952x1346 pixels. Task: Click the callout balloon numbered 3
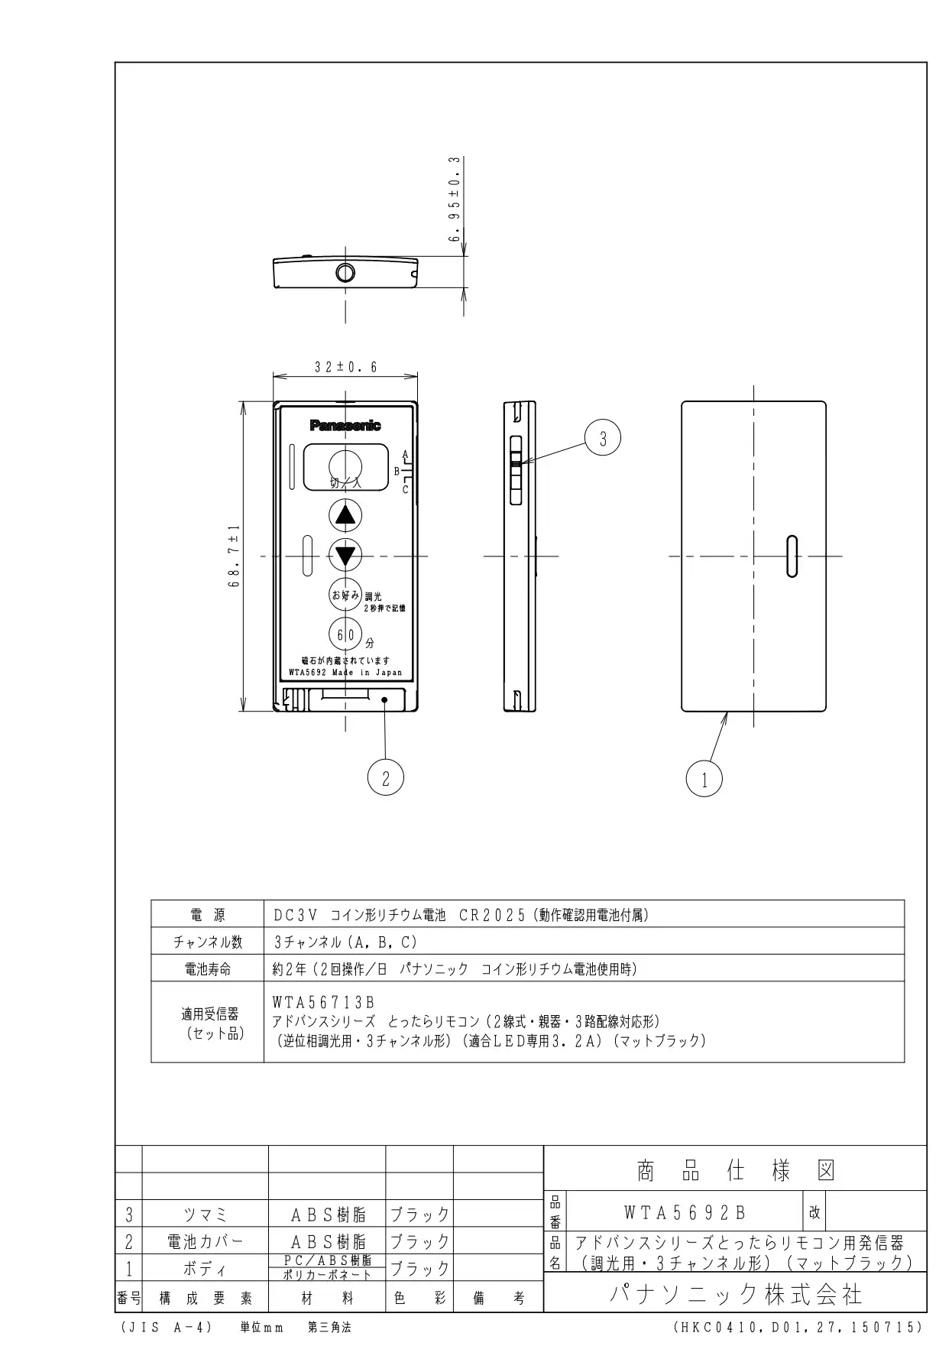pyautogui.click(x=603, y=439)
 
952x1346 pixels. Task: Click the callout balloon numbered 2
pyautogui.click(x=386, y=778)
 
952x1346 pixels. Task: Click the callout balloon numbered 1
pyautogui.click(x=704, y=780)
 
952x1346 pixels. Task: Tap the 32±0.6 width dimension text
pyautogui.click(x=346, y=367)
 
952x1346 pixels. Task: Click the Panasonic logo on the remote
pyautogui.click(x=345, y=426)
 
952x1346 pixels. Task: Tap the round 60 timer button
pyautogui.click(x=346, y=634)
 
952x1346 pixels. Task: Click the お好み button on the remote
pyautogui.click(x=346, y=595)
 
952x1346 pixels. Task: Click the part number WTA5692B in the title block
pyautogui.click(x=685, y=1212)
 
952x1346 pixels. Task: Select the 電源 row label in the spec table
pyautogui.click(x=208, y=915)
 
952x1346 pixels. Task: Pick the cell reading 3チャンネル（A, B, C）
pyautogui.click(x=346, y=942)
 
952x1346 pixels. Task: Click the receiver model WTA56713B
pyautogui.click(x=323, y=1001)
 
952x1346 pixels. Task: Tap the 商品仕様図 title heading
pyautogui.click(x=736, y=1170)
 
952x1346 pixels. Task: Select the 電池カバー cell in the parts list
pyautogui.click(x=205, y=1241)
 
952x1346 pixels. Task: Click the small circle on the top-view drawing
pyautogui.click(x=346, y=272)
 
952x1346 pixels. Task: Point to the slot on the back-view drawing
pyautogui.click(x=792, y=556)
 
